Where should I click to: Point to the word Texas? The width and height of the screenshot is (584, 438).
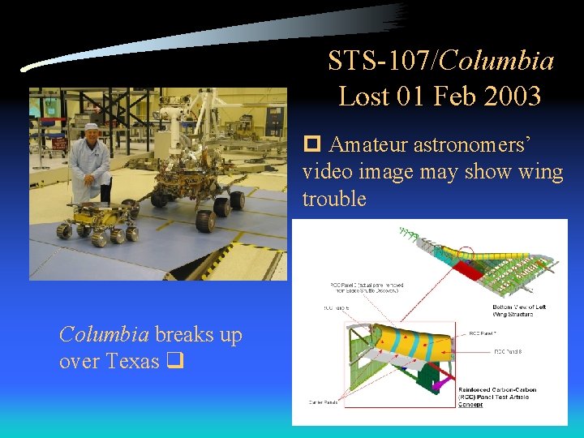pyautogui.click(x=132, y=361)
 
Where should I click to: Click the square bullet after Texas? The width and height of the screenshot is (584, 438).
pyautogui.click(x=174, y=362)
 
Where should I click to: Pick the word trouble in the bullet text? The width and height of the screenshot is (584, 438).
pyautogui.click(x=334, y=199)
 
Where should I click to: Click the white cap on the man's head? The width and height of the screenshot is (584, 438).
pyautogui.click(x=91, y=127)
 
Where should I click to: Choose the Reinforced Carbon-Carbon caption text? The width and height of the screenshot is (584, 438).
pyautogui.click(x=497, y=397)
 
